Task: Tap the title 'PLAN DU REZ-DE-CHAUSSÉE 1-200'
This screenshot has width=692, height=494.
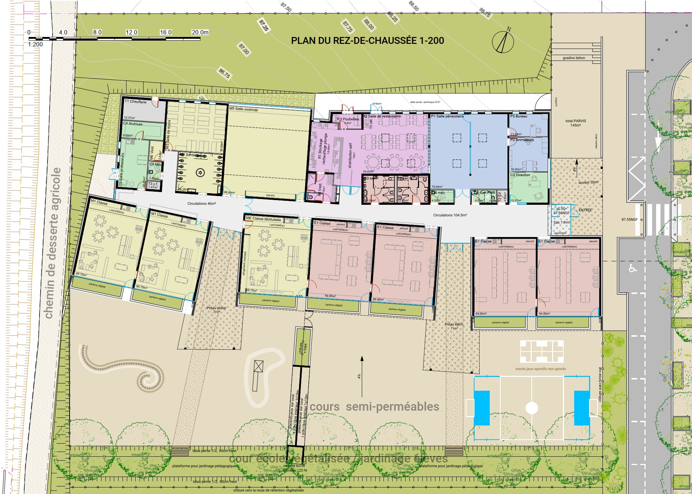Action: pos(367,41)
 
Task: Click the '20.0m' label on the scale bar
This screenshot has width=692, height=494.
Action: pos(200,32)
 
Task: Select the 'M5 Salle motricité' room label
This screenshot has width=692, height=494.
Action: pos(243,109)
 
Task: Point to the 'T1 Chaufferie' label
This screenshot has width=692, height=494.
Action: pos(136,102)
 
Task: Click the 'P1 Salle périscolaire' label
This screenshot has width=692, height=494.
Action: pos(447,116)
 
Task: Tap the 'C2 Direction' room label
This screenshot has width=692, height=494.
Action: pos(520,175)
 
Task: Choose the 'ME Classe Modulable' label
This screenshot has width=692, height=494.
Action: pos(264,219)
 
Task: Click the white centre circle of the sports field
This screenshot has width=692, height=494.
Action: pos(531,408)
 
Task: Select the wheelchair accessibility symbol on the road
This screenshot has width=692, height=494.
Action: pos(633,269)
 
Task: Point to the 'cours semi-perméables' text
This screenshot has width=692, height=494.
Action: pos(374,407)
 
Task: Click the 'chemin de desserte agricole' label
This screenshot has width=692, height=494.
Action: pos(53,243)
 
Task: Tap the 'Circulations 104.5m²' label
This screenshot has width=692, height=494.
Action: pos(450,215)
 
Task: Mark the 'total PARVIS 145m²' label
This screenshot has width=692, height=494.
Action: pos(575,123)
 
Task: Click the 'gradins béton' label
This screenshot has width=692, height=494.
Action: pos(574,58)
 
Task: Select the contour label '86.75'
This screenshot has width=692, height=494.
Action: pos(224,74)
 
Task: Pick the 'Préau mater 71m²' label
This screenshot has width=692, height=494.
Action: pos(216,310)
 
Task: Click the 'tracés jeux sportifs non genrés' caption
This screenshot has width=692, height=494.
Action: pos(540,369)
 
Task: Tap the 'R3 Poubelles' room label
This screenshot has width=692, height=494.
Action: pos(348,119)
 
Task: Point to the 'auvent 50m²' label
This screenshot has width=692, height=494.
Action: pos(588,182)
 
